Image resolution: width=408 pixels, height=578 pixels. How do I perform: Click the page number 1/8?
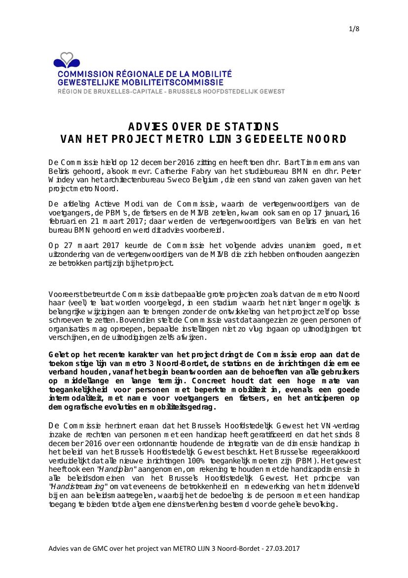point(354,28)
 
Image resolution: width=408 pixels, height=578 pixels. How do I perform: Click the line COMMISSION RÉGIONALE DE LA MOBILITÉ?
point(145,74)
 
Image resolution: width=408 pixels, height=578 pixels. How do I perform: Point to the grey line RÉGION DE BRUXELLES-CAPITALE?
point(171,91)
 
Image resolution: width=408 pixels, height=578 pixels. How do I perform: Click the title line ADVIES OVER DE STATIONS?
point(204,126)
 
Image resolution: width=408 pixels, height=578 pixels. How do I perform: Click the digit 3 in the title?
point(239,139)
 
